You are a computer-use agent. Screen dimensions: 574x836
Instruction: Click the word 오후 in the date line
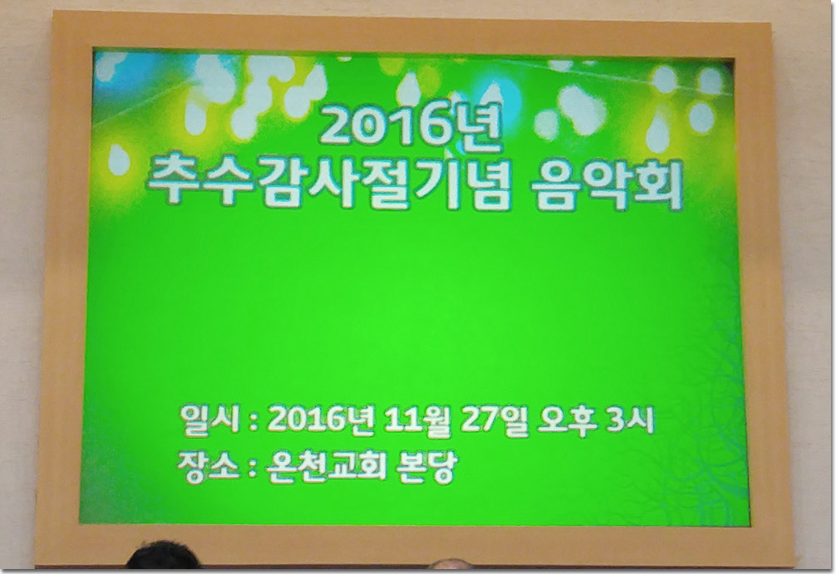567,420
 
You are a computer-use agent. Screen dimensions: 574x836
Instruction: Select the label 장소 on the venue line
203,467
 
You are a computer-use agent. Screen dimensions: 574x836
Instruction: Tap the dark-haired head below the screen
162,557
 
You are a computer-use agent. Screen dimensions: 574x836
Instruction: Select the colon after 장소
249,470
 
